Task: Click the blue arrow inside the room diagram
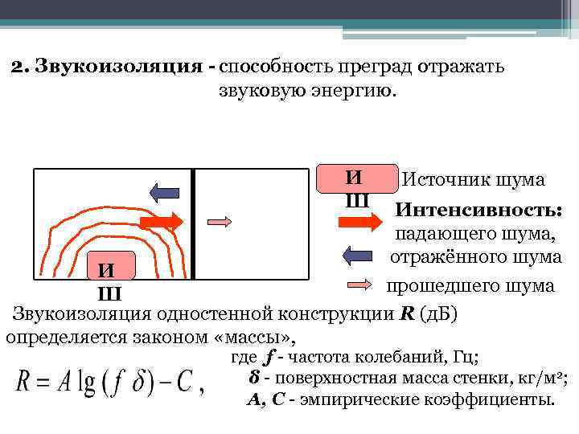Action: pos(165,192)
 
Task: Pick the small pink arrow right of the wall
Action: pos(220,220)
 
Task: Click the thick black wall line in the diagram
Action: pos(193,224)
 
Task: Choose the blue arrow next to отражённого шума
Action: pos(359,256)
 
